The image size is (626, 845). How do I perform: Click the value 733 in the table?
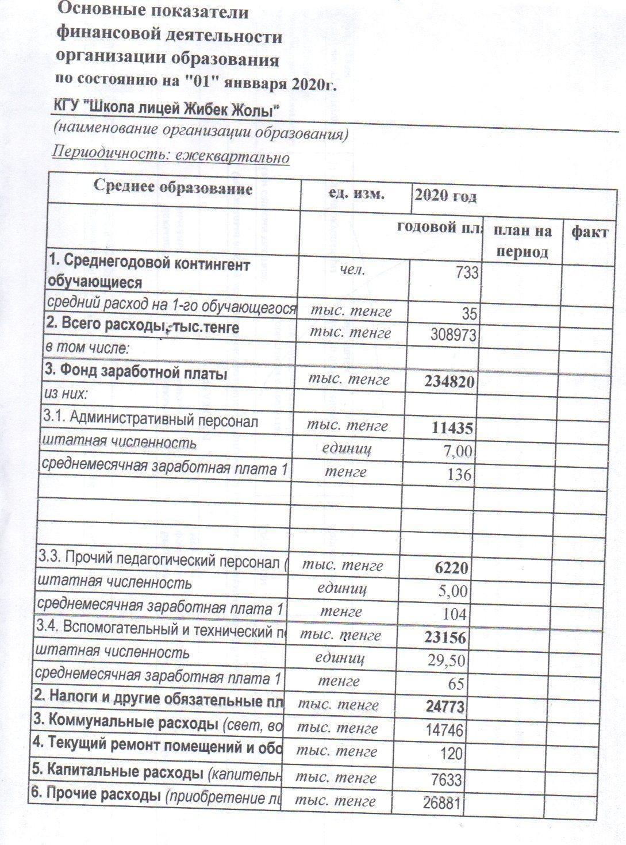pyautogui.click(x=466, y=272)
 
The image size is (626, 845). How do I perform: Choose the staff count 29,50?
pyautogui.click(x=446, y=660)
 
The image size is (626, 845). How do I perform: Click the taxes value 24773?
pyautogui.click(x=444, y=706)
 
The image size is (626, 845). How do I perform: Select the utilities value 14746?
pyautogui.click(x=443, y=730)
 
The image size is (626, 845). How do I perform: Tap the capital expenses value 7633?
pyautogui.click(x=447, y=779)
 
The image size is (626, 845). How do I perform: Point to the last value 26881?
pyautogui.click(x=442, y=802)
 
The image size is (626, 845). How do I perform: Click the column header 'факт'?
pyautogui.click(x=589, y=233)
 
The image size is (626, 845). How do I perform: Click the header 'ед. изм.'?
pyautogui.click(x=356, y=194)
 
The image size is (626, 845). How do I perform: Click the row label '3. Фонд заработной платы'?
pyautogui.click(x=136, y=374)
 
